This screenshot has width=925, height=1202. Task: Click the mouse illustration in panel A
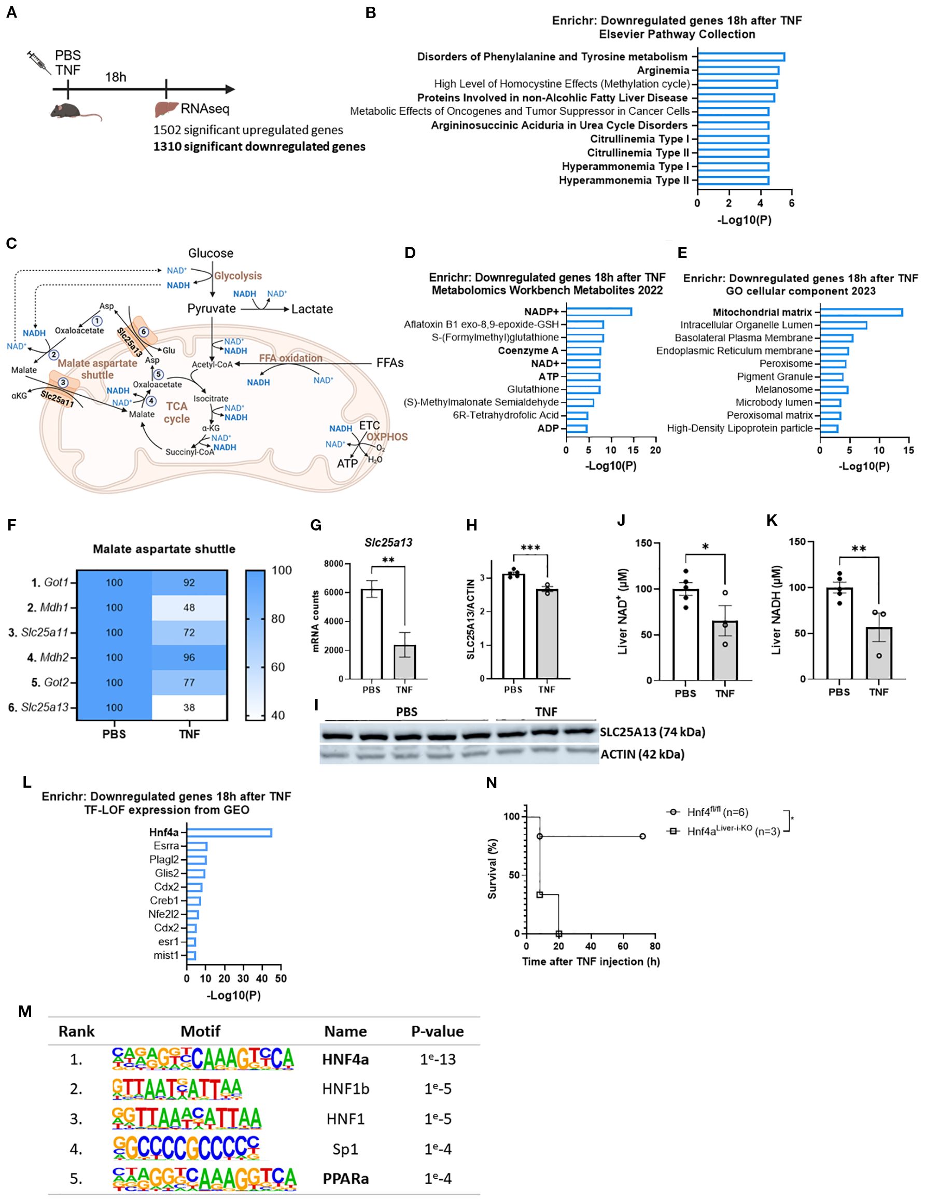click(x=74, y=111)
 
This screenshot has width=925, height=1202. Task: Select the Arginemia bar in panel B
click(x=737, y=71)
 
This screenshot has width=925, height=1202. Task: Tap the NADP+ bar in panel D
click(x=598, y=312)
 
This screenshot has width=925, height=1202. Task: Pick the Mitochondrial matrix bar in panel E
click(x=861, y=312)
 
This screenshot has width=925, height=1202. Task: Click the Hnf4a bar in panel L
click(x=229, y=832)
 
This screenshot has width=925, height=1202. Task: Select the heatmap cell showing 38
click(x=189, y=707)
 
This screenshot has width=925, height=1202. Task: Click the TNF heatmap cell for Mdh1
click(x=189, y=608)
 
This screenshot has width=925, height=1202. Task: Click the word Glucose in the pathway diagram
click(x=211, y=253)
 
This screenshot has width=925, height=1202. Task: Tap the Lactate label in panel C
click(x=312, y=309)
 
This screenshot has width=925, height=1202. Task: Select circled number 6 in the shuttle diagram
click(x=144, y=331)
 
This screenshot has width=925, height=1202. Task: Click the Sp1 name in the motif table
click(x=345, y=1149)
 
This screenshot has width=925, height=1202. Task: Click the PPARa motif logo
click(x=204, y=1178)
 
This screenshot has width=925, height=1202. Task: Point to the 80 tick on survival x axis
click(x=655, y=946)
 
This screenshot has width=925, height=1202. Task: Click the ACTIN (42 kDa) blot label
click(x=642, y=754)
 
